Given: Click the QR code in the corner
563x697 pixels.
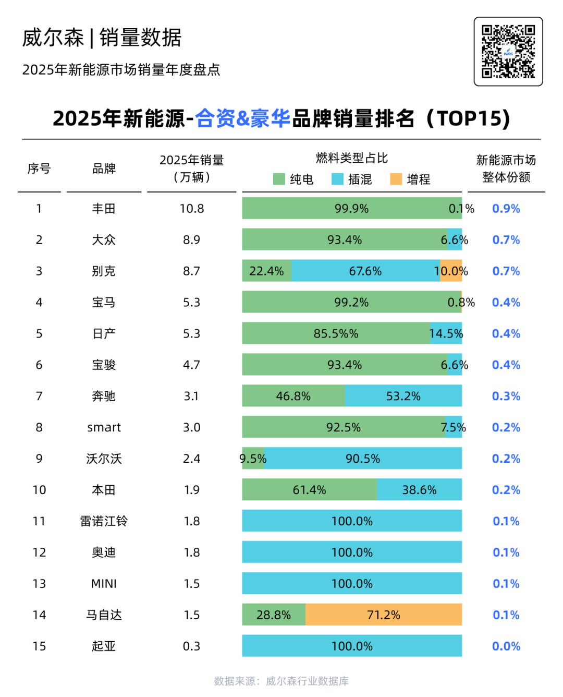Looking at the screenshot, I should (508, 51).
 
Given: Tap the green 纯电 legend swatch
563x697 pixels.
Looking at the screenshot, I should (279, 179).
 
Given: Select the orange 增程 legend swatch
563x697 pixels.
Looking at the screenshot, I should (396, 179).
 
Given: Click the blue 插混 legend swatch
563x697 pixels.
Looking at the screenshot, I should (337, 179).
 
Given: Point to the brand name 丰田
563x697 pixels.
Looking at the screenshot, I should (104, 209).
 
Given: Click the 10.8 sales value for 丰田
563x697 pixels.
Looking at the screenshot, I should (192, 209).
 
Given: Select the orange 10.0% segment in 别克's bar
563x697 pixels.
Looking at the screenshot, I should (451, 271).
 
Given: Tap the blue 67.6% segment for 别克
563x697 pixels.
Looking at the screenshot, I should (365, 271).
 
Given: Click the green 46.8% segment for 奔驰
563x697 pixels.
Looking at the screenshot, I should (293, 396).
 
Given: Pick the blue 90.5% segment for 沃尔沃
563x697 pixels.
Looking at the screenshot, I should (363, 459).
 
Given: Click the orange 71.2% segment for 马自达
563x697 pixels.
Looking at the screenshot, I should (383, 615).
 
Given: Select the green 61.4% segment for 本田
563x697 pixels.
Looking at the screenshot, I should (309, 490).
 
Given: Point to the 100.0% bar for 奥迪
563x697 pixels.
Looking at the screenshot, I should (352, 552).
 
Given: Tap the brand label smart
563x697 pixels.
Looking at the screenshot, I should (104, 427).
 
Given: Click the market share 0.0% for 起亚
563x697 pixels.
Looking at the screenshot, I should (506, 646).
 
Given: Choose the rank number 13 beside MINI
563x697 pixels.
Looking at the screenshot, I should (39, 583).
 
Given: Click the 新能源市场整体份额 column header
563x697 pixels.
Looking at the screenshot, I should (506, 169).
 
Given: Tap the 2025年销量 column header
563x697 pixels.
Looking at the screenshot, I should (192, 169).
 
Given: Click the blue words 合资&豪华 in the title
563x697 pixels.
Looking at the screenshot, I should (243, 118).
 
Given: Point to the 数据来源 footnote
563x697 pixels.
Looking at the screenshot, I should (281, 681).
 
